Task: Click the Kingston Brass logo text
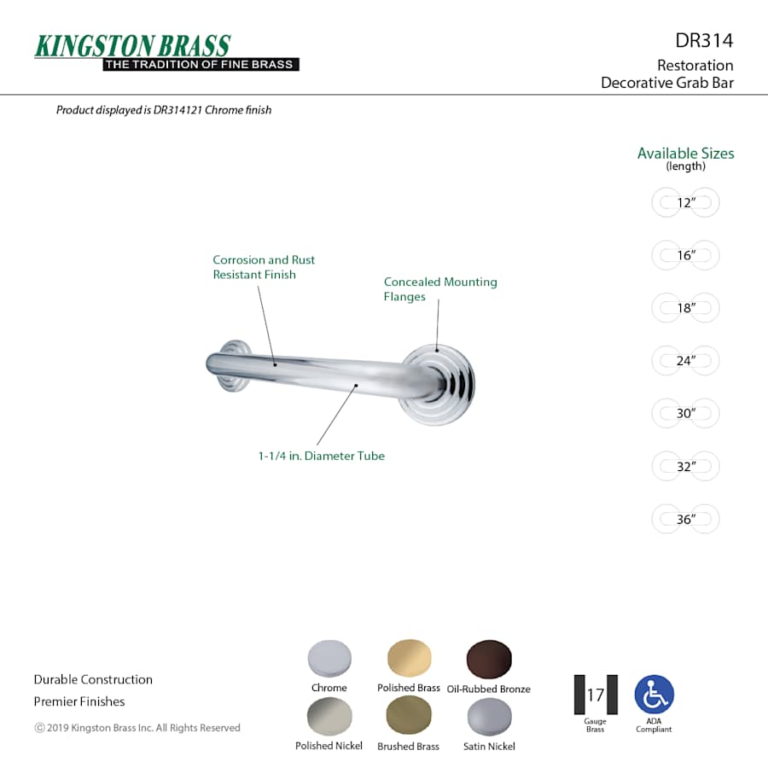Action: pyautogui.click(x=132, y=45)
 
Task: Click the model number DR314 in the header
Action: pyautogui.click(x=704, y=40)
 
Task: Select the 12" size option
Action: pyautogui.click(x=686, y=203)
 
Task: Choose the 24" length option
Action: pyautogui.click(x=686, y=361)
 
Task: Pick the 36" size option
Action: pyautogui.click(x=686, y=519)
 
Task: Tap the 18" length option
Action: pyautogui.click(x=686, y=308)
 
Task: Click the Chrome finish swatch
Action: pyautogui.click(x=329, y=659)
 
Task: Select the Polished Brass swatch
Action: pyautogui.click(x=409, y=659)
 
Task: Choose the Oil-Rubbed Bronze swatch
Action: pyautogui.click(x=489, y=660)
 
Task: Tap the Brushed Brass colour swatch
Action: pyautogui.click(x=409, y=716)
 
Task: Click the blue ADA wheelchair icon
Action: pyautogui.click(x=654, y=695)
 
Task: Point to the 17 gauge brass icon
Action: pyautogui.click(x=595, y=695)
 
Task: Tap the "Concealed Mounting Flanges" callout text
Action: pyautogui.click(x=440, y=289)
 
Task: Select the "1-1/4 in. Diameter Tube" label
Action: pyautogui.click(x=322, y=457)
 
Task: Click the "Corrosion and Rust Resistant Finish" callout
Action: pyautogui.click(x=264, y=267)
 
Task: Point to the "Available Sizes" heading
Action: pyautogui.click(x=685, y=154)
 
